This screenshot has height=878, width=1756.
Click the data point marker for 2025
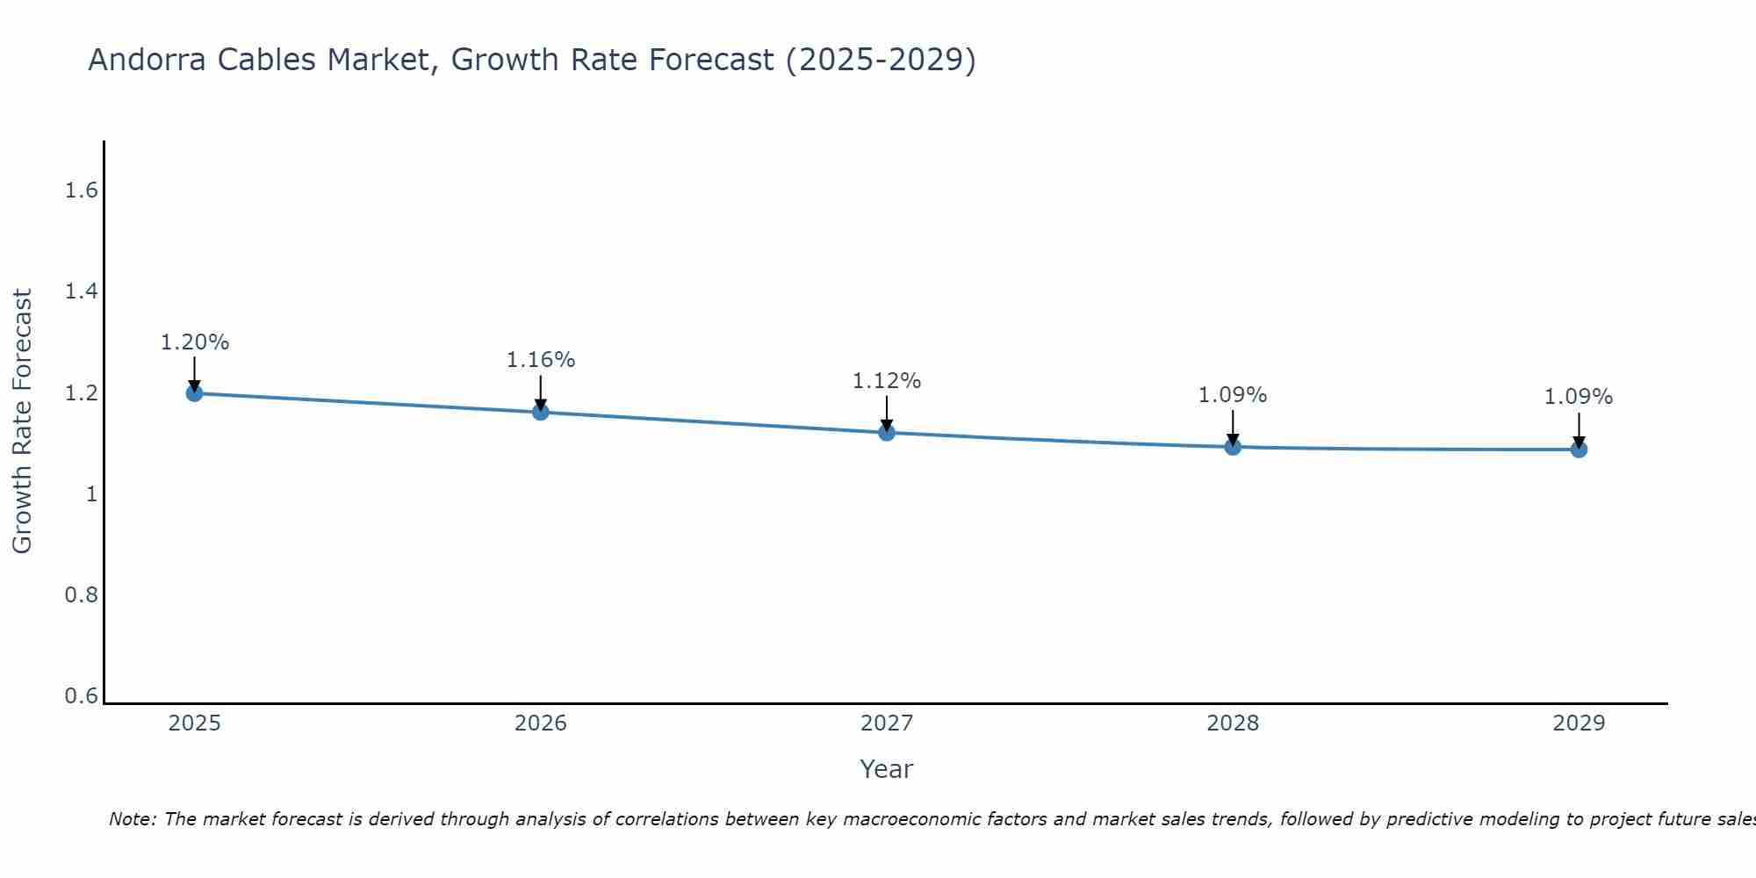[195, 392]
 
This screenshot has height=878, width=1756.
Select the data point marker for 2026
[541, 412]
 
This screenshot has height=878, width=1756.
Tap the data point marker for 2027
[887, 432]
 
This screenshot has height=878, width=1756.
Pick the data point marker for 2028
[1233, 447]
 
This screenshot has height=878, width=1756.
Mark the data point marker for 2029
[1579, 450]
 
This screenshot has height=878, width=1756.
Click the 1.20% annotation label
[195, 342]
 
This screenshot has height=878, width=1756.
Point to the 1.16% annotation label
[541, 360]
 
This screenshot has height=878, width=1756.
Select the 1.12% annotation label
[887, 381]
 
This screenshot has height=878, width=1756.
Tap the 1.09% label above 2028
[1233, 395]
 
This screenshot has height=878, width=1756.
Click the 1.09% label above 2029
[1579, 397]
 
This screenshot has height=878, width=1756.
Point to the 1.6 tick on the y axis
[81, 191]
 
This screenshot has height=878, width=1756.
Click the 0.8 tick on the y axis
[81, 595]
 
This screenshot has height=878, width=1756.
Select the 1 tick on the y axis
[90, 494]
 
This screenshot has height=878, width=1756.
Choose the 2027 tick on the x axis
[887, 723]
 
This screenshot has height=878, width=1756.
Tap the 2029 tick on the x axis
[1579, 723]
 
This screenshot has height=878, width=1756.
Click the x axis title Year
[887, 769]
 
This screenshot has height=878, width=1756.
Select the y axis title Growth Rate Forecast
[22, 421]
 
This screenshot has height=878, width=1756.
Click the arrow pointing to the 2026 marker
[541, 392]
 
